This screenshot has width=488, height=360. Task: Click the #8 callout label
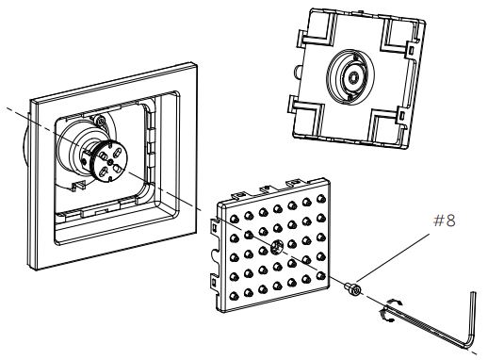[444, 221]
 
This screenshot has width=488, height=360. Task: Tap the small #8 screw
[352, 289]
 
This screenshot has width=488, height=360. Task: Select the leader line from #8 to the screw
[393, 257]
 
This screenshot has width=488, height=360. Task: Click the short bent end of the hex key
[472, 319]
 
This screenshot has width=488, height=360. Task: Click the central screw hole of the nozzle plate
[277, 247]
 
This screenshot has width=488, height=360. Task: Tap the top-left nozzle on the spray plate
[234, 219]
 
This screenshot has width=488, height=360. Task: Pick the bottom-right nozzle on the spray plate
[320, 276]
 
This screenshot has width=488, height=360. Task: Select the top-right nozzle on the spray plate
[320, 199]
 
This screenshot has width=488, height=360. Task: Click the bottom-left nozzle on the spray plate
[234, 296]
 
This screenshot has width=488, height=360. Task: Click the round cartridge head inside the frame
[108, 161]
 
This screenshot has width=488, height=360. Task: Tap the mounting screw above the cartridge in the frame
[101, 121]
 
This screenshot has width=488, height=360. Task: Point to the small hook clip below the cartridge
[78, 186]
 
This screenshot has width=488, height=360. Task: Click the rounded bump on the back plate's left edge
[297, 72]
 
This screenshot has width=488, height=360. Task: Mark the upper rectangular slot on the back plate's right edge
[411, 49]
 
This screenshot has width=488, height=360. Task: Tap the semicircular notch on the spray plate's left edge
[215, 254]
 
